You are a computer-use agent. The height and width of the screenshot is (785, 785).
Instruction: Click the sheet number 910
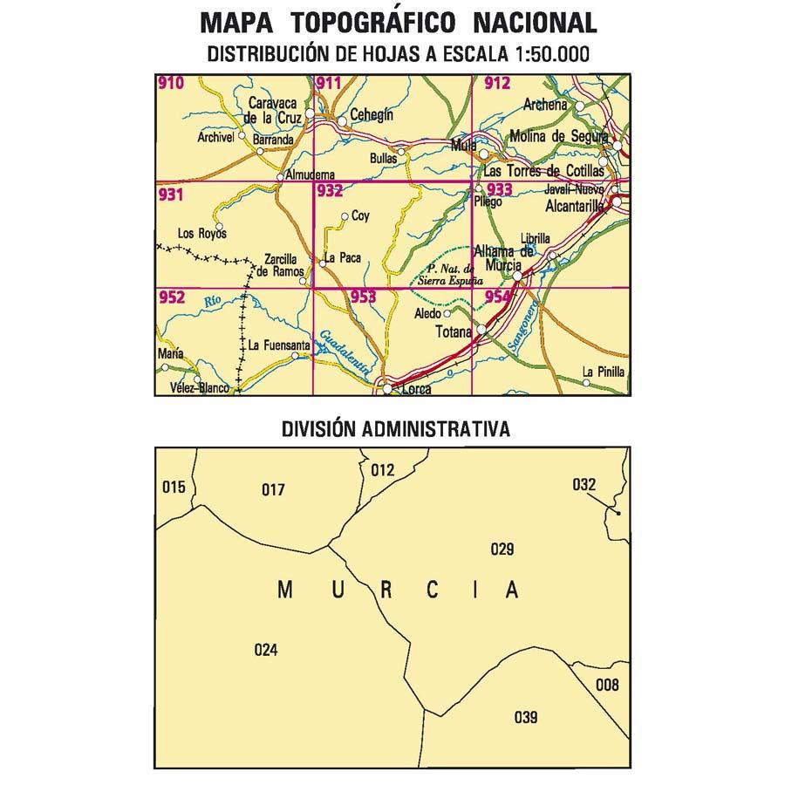click(172, 84)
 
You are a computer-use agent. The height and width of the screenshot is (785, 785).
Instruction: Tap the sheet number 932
click(330, 191)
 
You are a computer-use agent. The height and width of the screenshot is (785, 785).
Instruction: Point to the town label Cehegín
click(372, 115)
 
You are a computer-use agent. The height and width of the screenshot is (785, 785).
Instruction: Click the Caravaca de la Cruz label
click(273, 110)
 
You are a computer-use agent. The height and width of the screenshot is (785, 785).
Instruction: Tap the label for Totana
click(453, 332)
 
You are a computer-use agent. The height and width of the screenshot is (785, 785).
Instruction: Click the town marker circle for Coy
click(345, 216)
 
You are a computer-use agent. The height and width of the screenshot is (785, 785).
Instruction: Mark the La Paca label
click(342, 258)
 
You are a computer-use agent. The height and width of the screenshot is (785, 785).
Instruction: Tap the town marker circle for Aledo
click(447, 313)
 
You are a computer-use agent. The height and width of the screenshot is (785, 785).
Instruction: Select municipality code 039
click(526, 718)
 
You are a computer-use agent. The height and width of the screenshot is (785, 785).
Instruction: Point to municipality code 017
click(273, 490)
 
